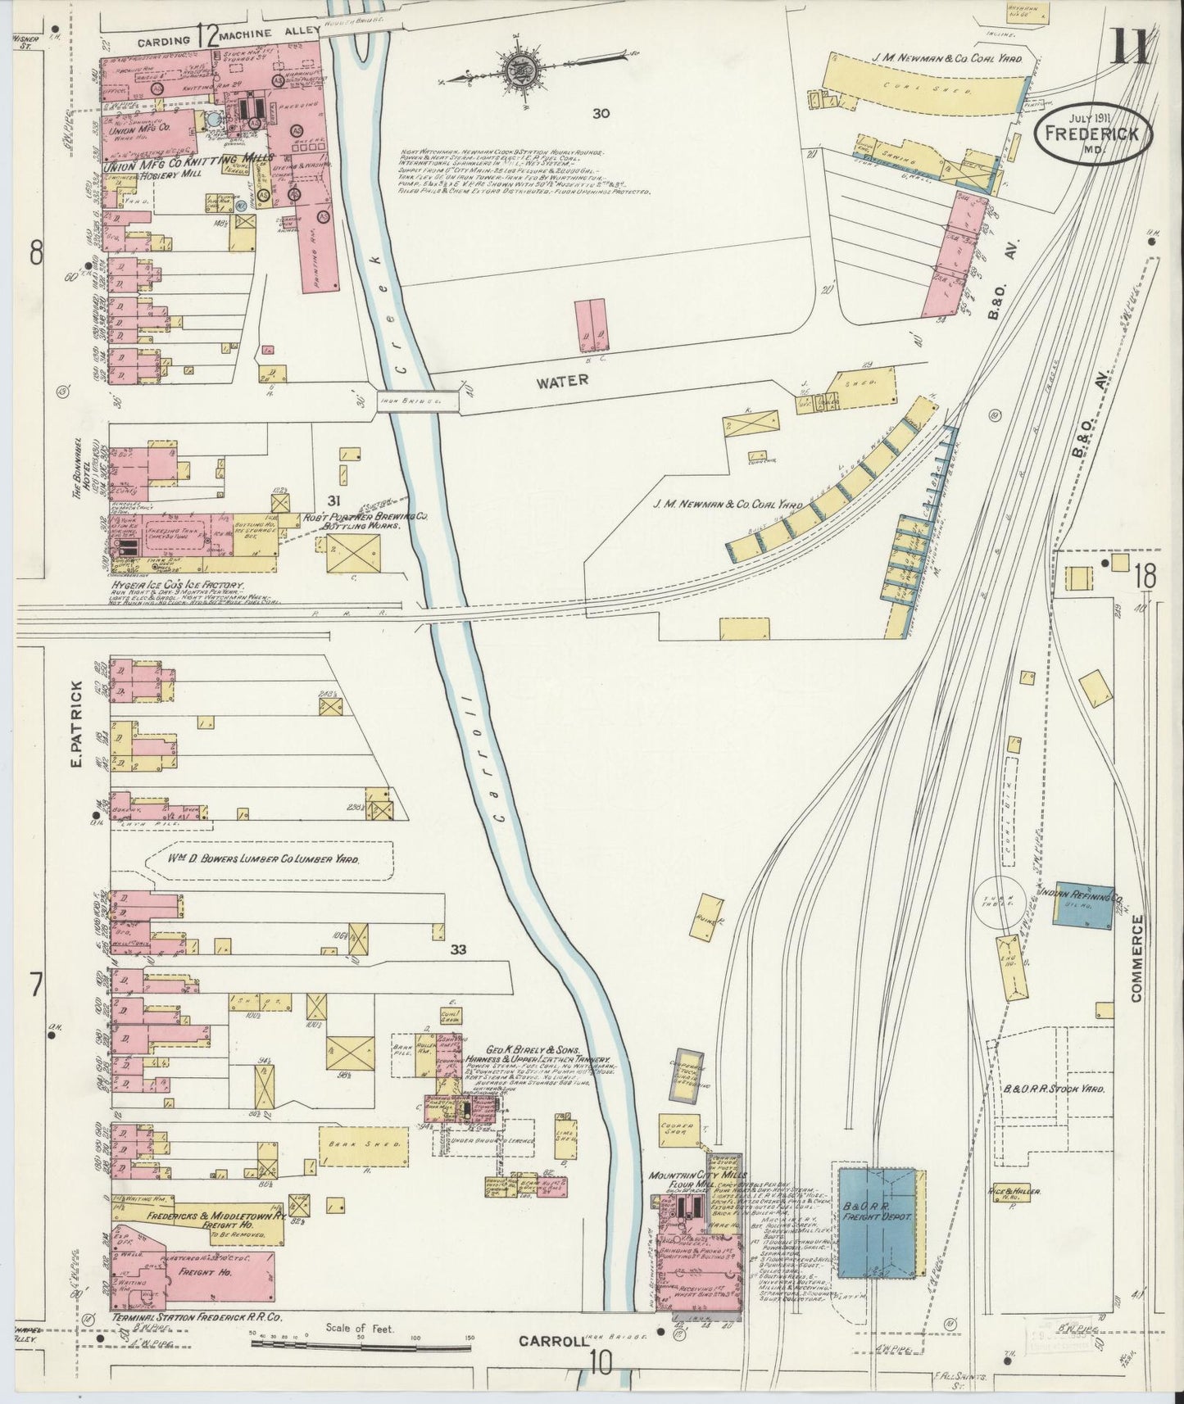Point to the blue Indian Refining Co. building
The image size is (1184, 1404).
click(x=1082, y=909)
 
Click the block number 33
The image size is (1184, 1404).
click(x=458, y=950)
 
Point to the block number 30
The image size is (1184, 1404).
click(x=601, y=113)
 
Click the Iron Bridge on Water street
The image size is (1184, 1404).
click(x=409, y=401)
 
